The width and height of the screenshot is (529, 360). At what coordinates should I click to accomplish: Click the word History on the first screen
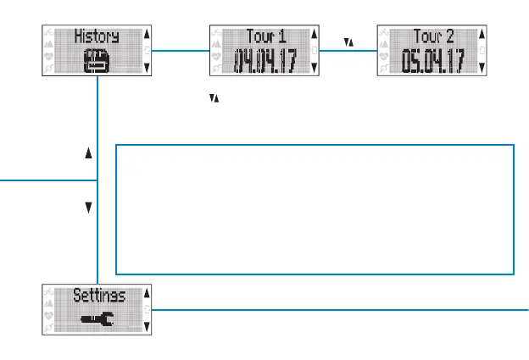(96, 36)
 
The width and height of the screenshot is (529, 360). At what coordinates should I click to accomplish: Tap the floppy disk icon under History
(95, 62)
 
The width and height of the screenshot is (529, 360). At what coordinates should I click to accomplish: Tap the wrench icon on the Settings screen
(95, 320)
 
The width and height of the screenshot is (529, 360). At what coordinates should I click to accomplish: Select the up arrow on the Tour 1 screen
(315, 36)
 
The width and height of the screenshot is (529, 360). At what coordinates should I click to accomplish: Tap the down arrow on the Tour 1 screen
(315, 66)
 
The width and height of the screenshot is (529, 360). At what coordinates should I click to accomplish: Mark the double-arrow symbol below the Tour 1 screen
(214, 100)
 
